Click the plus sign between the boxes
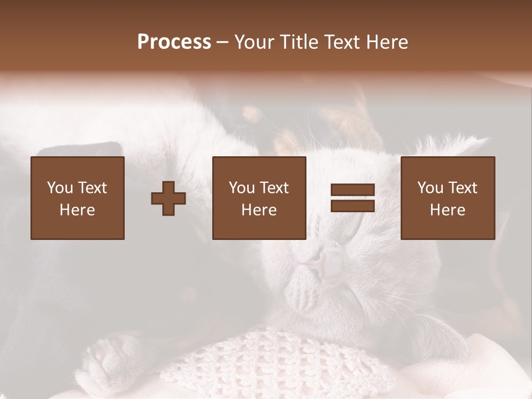click(168, 198)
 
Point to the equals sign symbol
click(352, 198)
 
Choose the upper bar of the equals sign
click(352, 190)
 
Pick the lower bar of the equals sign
click(352, 206)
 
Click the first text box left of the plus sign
click(78, 198)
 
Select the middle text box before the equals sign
click(259, 198)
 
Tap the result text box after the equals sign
click(447, 198)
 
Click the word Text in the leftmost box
click(92, 188)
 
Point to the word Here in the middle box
click(259, 210)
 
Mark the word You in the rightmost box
click(430, 188)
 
